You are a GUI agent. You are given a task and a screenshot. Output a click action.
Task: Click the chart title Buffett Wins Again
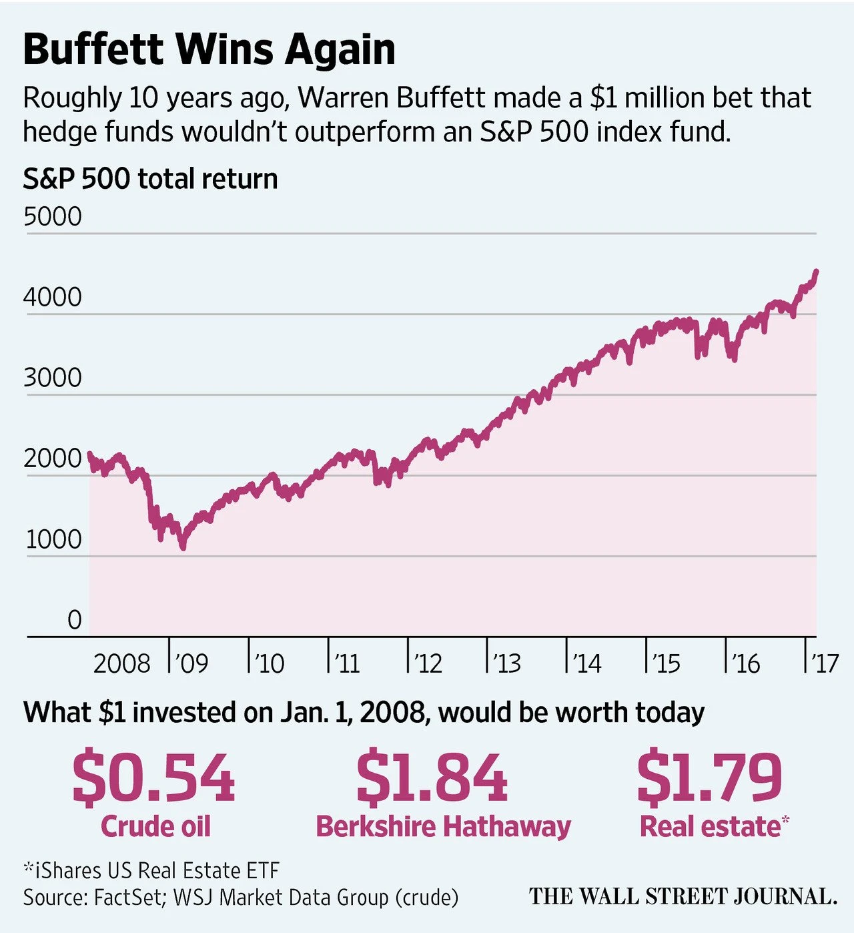click(x=209, y=49)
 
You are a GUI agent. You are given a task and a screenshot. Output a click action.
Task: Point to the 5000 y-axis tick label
click(x=53, y=217)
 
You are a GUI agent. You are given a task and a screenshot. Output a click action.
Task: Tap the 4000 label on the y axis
click(x=53, y=297)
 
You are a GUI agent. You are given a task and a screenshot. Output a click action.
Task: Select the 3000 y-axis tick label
click(x=53, y=378)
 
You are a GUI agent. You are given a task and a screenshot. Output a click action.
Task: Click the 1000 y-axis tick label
click(x=53, y=539)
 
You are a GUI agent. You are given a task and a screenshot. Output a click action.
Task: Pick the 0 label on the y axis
click(x=75, y=620)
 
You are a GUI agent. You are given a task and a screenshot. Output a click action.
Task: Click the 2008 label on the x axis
click(x=122, y=663)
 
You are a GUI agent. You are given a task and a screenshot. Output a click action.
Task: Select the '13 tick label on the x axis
click(x=506, y=663)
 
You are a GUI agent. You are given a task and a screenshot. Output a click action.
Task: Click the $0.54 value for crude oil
click(x=153, y=778)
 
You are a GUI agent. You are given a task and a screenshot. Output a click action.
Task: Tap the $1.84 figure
click(x=432, y=778)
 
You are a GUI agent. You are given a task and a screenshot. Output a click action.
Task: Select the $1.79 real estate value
click(x=709, y=778)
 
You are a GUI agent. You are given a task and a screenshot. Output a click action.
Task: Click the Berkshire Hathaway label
click(x=443, y=827)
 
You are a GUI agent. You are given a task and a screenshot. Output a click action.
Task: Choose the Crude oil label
click(x=155, y=827)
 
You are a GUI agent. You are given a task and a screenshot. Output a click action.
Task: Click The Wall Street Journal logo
click(x=683, y=896)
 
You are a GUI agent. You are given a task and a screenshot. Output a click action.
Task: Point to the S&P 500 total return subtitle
click(x=150, y=179)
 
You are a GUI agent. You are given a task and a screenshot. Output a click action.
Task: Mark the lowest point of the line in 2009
click(x=183, y=547)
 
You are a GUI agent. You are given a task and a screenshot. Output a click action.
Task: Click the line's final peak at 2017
click(x=817, y=271)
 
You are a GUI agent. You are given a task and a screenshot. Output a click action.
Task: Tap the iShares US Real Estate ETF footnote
click(x=151, y=871)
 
